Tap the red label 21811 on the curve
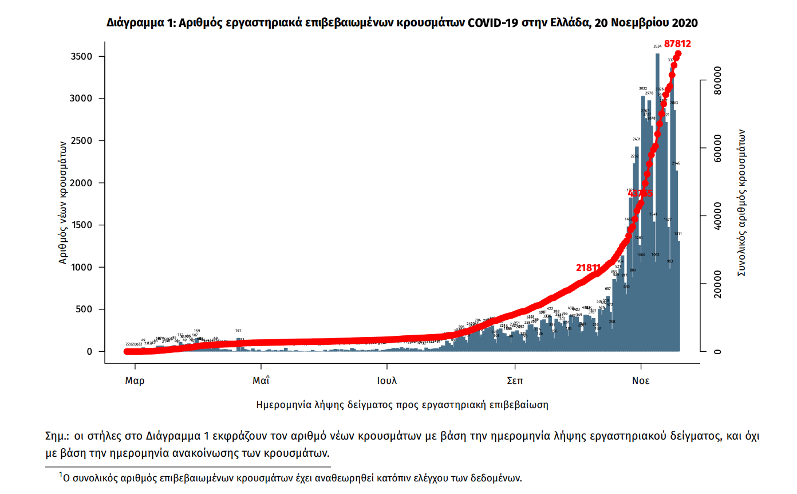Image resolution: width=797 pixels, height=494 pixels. [588, 268]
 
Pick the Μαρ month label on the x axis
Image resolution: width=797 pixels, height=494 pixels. [135, 381]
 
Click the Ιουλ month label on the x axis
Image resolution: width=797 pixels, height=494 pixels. [387, 381]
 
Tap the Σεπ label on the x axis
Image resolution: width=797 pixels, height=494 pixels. [515, 381]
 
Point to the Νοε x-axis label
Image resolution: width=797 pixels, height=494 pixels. [641, 381]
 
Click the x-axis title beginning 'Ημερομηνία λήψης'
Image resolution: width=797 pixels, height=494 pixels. [403, 405]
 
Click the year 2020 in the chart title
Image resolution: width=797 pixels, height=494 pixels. [684, 23]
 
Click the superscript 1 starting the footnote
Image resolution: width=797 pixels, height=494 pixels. [60, 475]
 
